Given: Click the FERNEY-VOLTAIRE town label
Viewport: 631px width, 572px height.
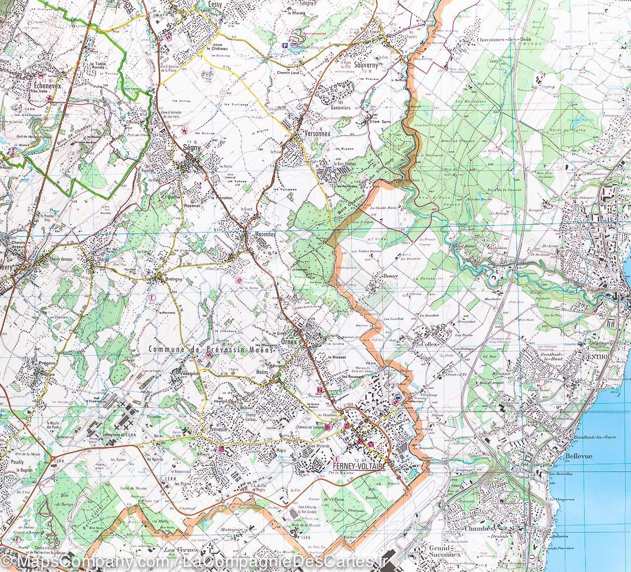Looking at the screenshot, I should [x=359, y=467].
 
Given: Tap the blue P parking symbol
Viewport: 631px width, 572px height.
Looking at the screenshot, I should [x=285, y=46].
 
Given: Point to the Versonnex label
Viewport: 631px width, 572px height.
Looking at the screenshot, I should [x=314, y=134].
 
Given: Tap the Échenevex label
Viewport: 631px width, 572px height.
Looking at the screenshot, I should [x=46, y=84].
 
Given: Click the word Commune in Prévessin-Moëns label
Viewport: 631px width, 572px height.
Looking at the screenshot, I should [x=166, y=349].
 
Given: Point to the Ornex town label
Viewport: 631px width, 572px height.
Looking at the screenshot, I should [x=290, y=341].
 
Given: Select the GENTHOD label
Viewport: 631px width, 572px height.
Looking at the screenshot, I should [x=597, y=356].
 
